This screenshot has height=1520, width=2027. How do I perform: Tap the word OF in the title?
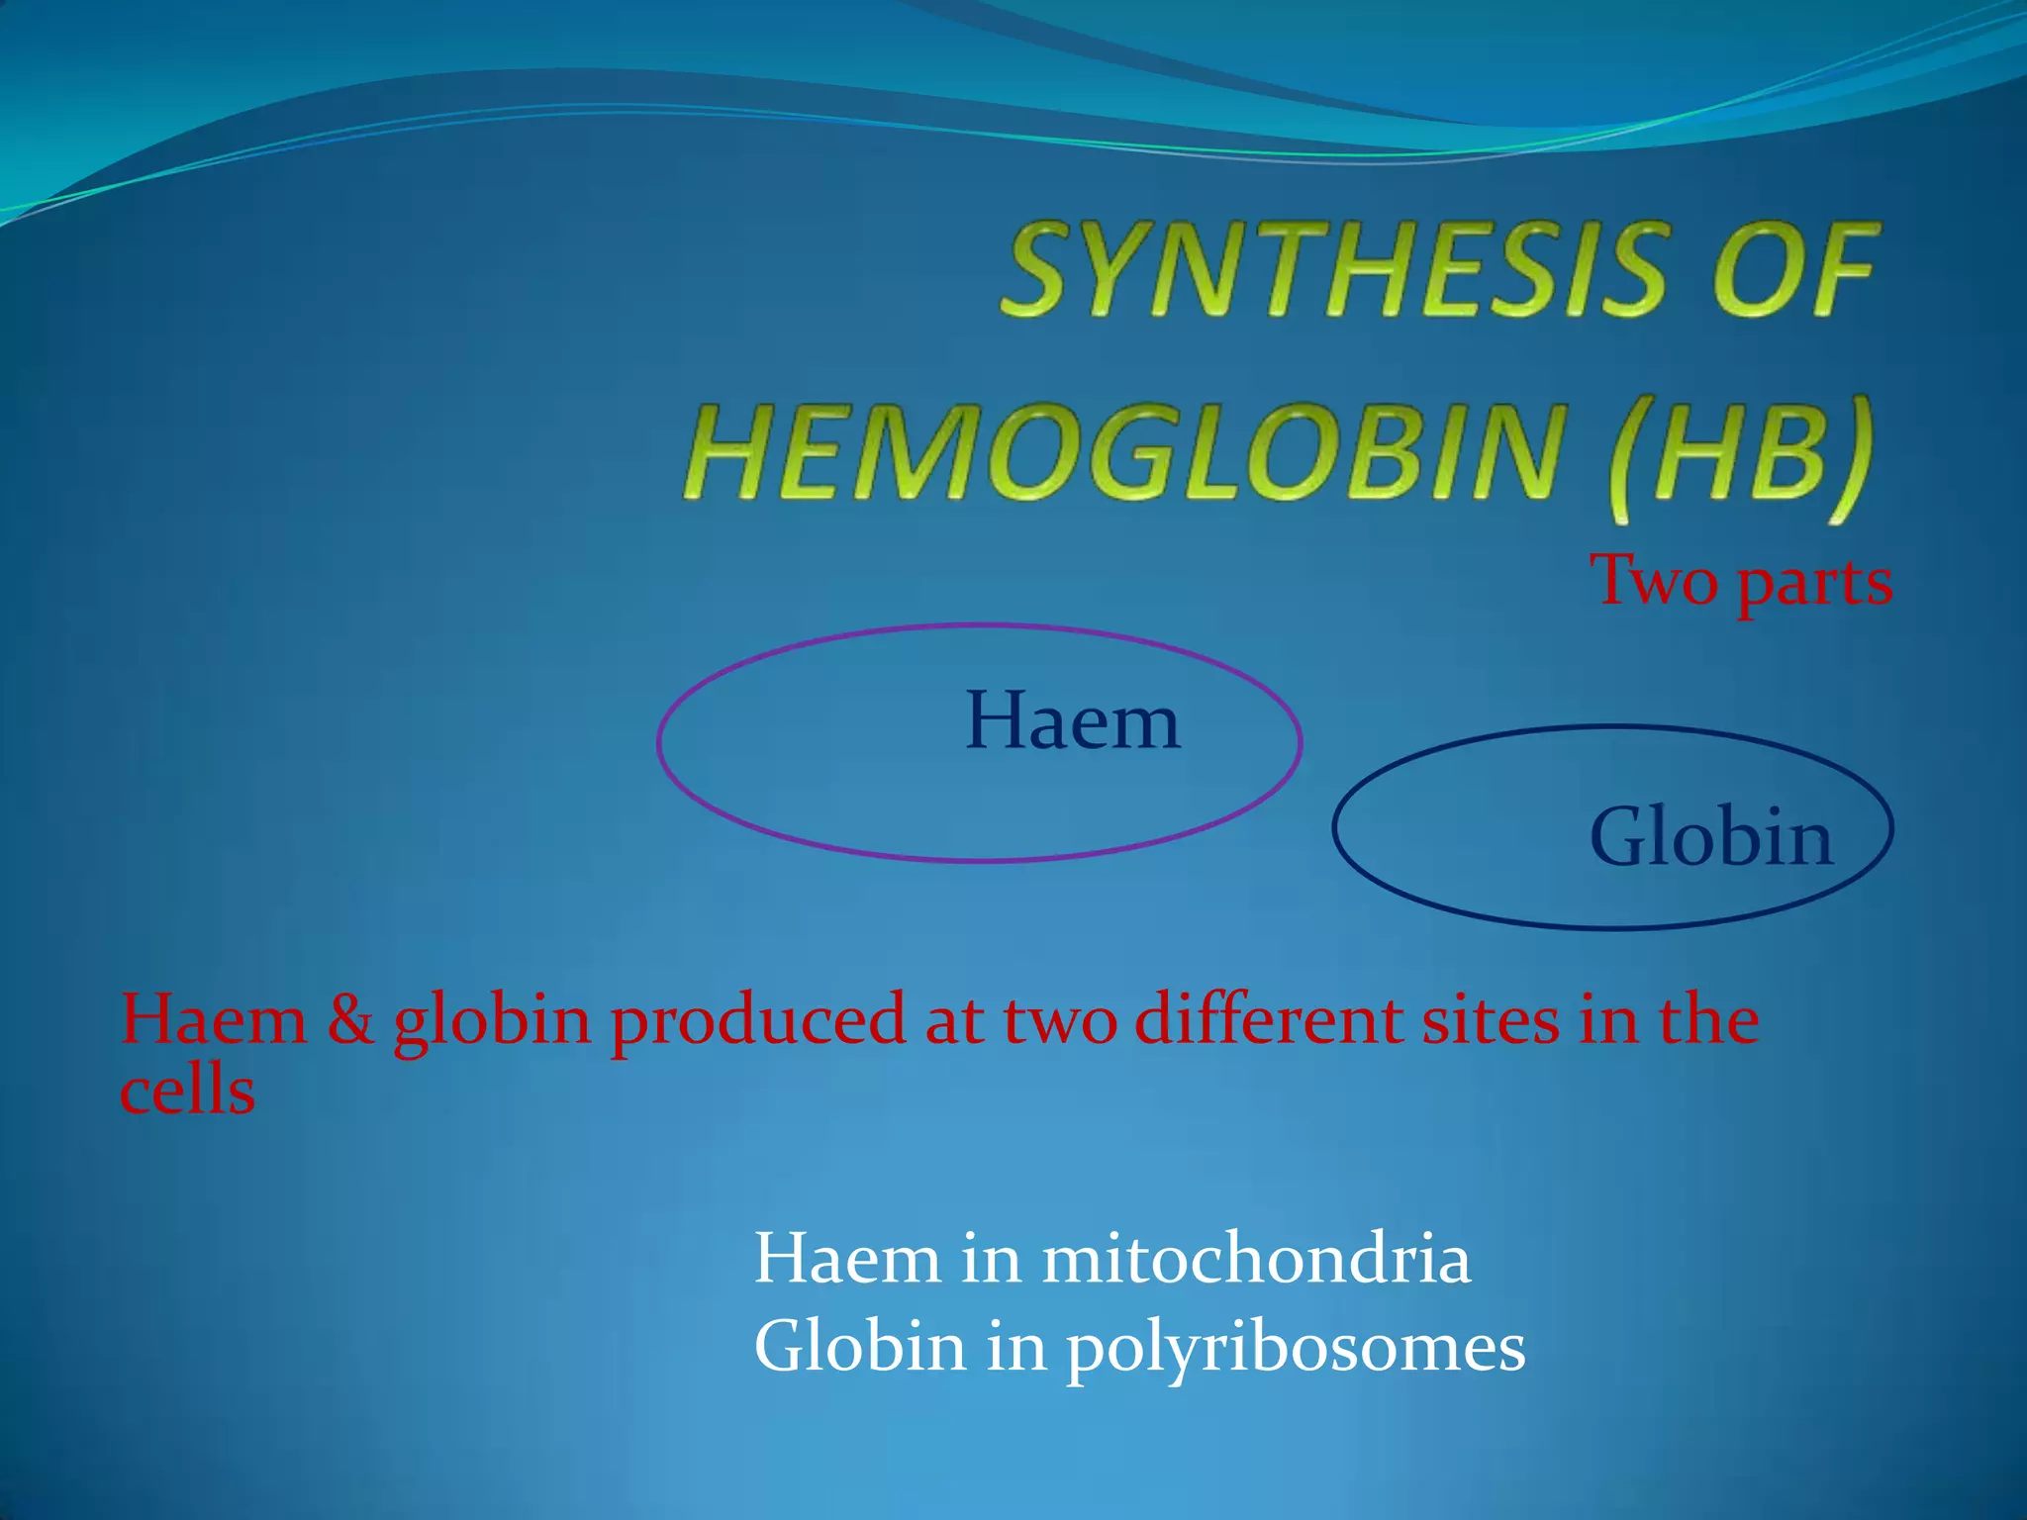[1792, 269]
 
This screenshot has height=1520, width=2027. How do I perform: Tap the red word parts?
[1815, 584]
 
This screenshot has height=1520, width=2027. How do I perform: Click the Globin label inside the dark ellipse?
[1710, 837]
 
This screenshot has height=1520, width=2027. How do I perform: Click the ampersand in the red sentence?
[350, 1019]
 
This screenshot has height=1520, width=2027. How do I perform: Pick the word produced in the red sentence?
[757, 1021]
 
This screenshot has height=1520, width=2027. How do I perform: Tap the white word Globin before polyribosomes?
[860, 1348]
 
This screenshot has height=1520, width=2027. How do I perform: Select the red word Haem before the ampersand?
[214, 1019]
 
